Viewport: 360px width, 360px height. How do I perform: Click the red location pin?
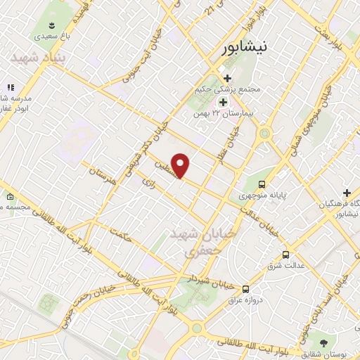(x=181, y=165)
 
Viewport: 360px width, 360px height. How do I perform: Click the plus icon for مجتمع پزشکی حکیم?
(x=226, y=78)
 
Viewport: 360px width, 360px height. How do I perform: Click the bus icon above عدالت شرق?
(x=285, y=255)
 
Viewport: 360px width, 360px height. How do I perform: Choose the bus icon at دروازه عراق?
(x=245, y=289)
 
